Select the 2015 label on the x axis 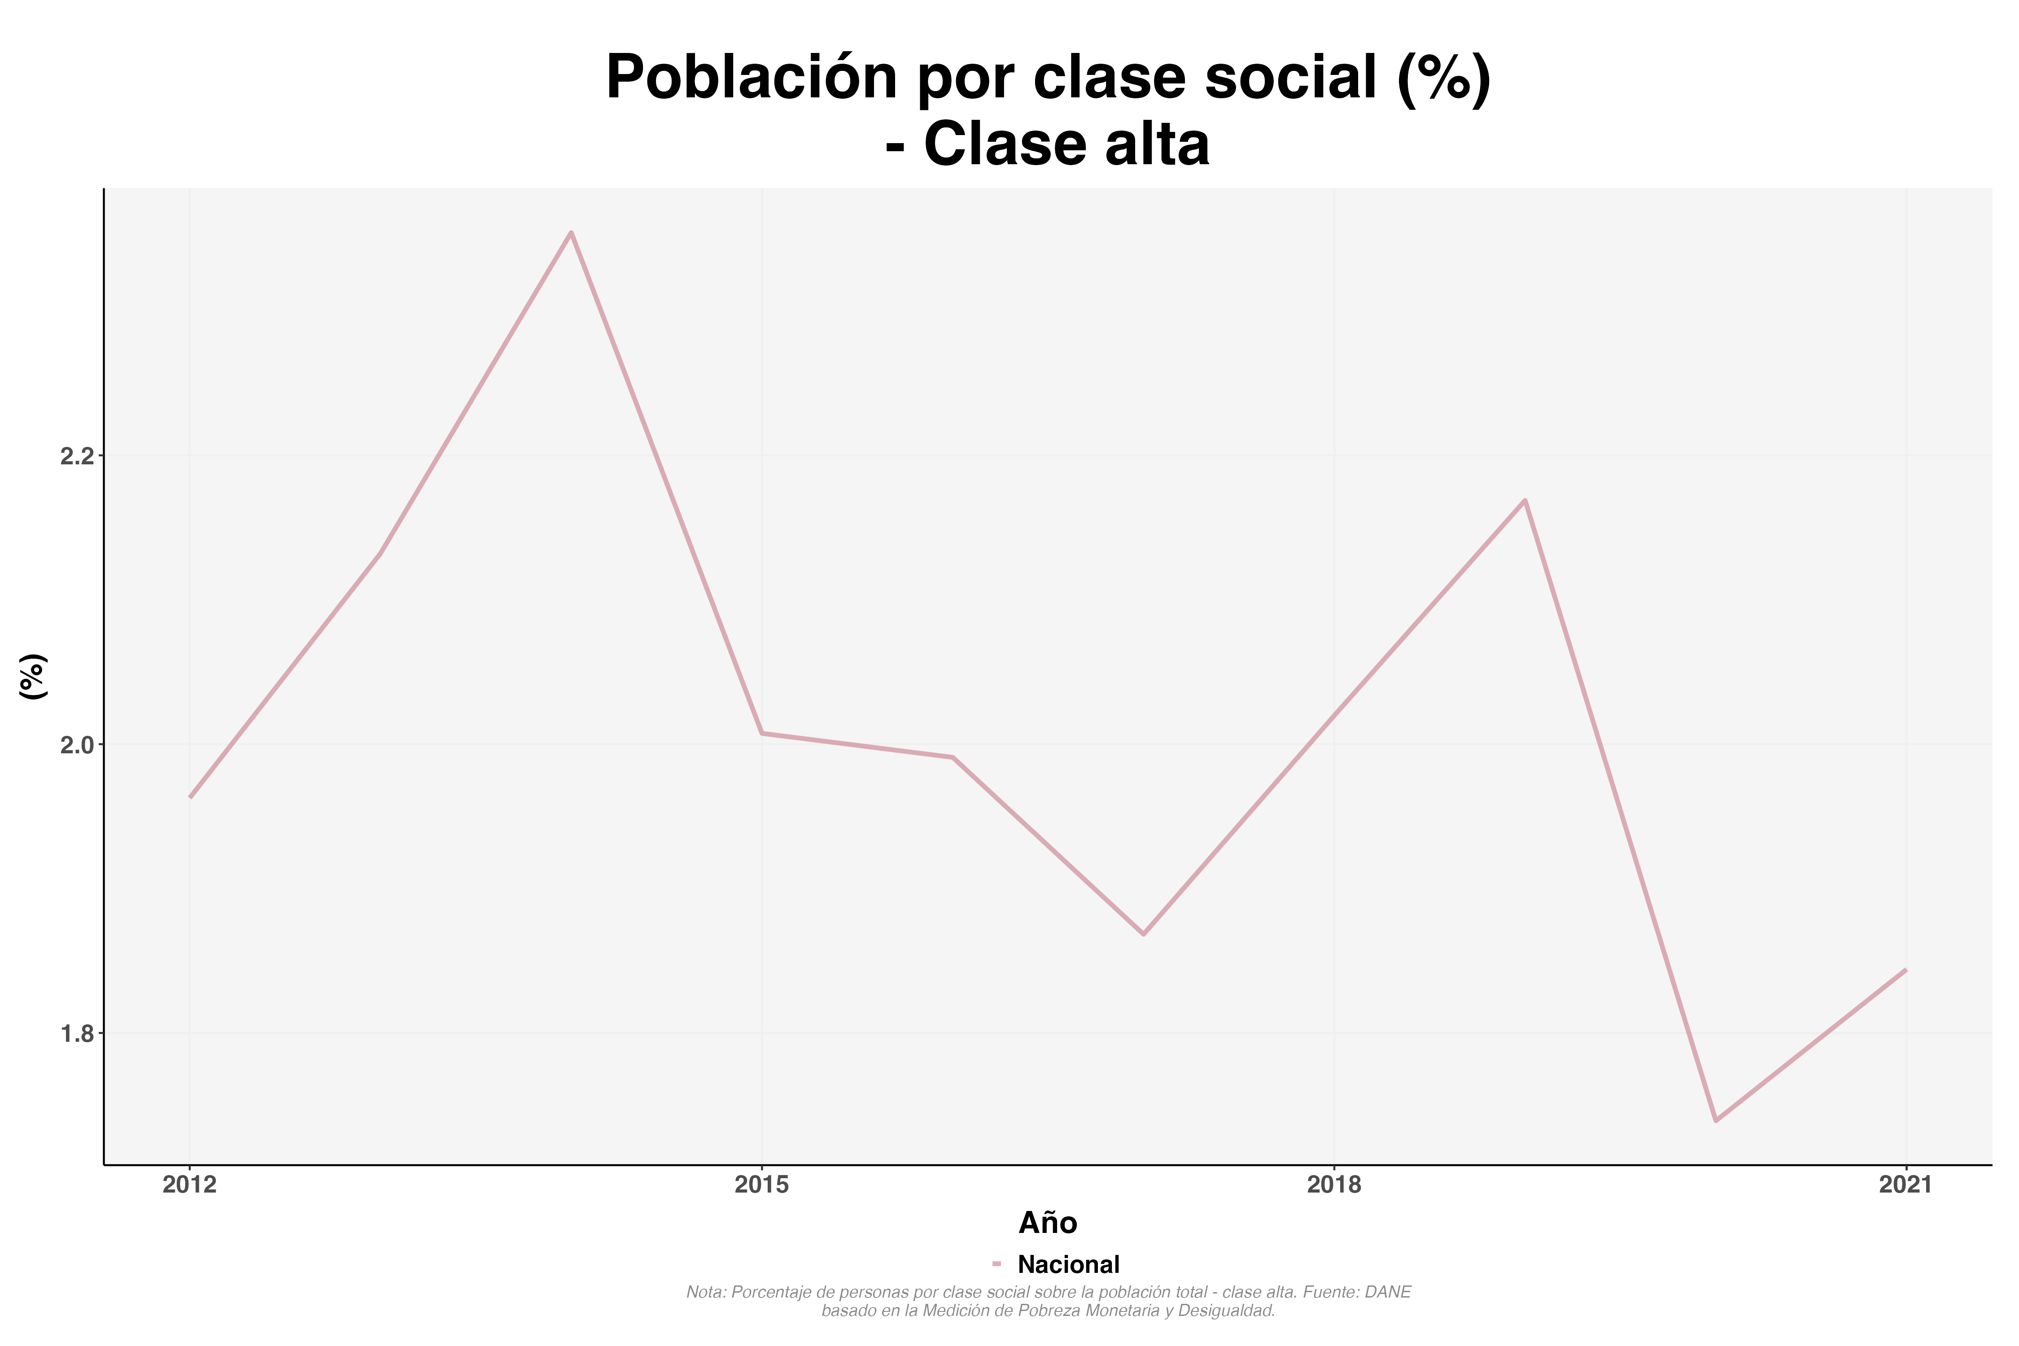click(x=761, y=1185)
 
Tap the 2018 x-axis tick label click(x=1334, y=1185)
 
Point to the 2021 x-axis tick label click(x=1905, y=1185)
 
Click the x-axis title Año click(x=1047, y=1222)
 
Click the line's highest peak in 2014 click(x=571, y=232)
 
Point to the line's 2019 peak click(x=1525, y=500)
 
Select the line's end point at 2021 click(x=1905, y=970)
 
